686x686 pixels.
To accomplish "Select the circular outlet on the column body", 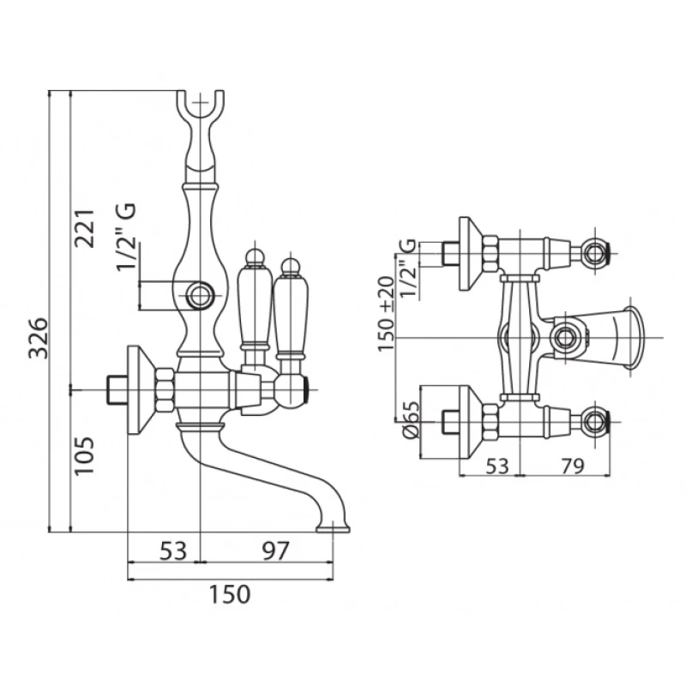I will point(202,297).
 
